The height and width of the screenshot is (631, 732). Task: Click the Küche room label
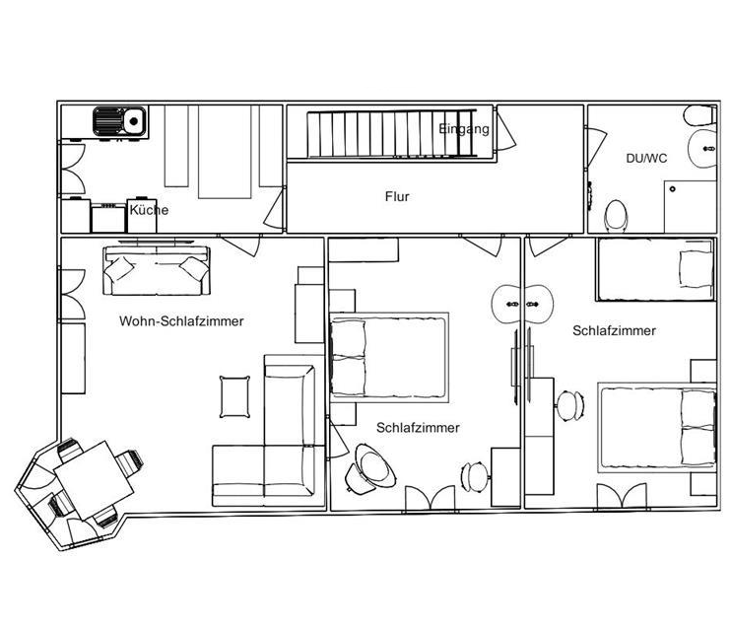pyautogui.click(x=149, y=210)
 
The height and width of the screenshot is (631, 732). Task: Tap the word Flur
pyautogui.click(x=397, y=196)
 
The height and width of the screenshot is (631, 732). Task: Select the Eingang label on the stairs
pyautogui.click(x=464, y=129)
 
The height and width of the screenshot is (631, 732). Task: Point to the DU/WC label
pyautogui.click(x=646, y=159)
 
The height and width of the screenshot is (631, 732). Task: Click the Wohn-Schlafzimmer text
pyautogui.click(x=181, y=321)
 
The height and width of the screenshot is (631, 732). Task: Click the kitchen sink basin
pyautogui.click(x=134, y=121)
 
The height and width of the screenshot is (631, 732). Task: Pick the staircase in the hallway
pyautogui.click(x=391, y=133)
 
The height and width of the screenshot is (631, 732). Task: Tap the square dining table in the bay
pyautogui.click(x=94, y=480)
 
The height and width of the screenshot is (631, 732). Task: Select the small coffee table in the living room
pyautogui.click(x=234, y=396)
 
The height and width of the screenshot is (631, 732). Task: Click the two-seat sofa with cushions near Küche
pyautogui.click(x=157, y=271)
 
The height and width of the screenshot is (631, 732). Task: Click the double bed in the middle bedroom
pyautogui.click(x=389, y=358)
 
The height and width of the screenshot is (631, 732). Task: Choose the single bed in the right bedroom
pyautogui.click(x=655, y=269)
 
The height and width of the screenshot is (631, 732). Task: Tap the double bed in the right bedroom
pyautogui.click(x=657, y=428)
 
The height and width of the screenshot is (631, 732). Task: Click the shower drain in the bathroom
pyautogui.click(x=672, y=189)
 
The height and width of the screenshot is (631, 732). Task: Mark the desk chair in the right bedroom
pyautogui.click(x=570, y=406)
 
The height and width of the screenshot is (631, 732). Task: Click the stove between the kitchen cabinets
pyautogui.click(x=108, y=219)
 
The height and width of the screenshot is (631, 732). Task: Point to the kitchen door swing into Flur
pyautogui.click(x=274, y=209)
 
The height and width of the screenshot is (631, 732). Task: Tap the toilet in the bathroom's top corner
pyautogui.click(x=699, y=115)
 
